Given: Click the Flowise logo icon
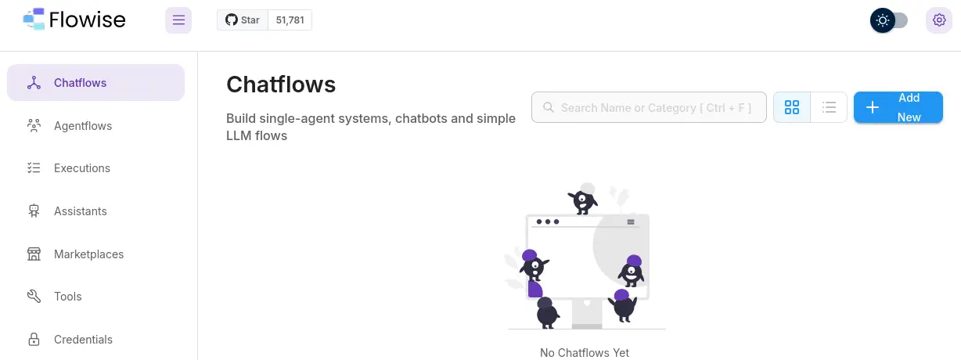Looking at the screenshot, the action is (x=34, y=20).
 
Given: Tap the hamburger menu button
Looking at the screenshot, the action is (x=178, y=20).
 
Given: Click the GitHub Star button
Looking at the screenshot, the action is (x=243, y=20).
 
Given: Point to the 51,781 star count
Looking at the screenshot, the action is (x=290, y=20).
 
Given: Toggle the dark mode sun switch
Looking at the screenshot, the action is (x=889, y=20).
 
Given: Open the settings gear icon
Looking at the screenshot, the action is (x=939, y=20).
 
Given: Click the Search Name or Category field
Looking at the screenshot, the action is (x=649, y=107).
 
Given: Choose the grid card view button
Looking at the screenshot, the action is (x=792, y=107).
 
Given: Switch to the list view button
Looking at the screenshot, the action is (x=829, y=107).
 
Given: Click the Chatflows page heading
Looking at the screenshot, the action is (x=281, y=84).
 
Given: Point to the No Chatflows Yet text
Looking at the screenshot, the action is (x=585, y=353).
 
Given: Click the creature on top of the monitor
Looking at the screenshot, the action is (x=582, y=200).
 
